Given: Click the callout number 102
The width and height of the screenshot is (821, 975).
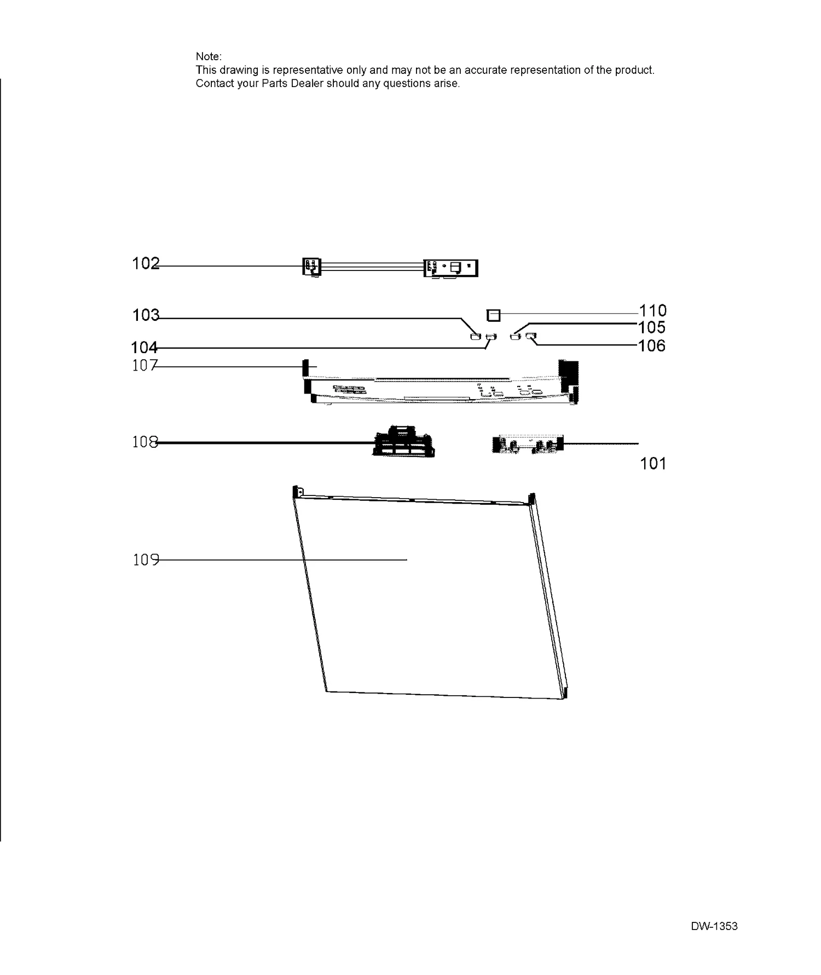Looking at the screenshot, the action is tap(146, 264).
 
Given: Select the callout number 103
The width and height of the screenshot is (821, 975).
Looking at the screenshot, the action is tap(146, 315).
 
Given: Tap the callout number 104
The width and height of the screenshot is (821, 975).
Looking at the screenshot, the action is tap(144, 348).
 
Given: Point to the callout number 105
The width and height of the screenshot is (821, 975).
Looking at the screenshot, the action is tap(652, 327).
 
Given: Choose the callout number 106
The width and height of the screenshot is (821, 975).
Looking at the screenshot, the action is tap(652, 346).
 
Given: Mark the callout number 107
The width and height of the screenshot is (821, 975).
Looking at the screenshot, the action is tap(145, 366).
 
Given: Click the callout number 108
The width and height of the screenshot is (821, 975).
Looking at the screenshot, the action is tap(145, 442).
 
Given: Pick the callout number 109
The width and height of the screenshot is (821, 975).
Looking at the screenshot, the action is tap(146, 560).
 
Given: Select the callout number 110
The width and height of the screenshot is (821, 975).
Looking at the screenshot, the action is tap(653, 311).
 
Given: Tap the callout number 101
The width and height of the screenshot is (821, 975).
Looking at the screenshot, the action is tap(653, 464).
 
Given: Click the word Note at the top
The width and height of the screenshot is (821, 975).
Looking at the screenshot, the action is tap(209, 56).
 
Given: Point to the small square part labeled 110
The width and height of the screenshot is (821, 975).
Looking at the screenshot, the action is tap(493, 315).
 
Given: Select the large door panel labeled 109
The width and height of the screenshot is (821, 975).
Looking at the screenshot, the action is tap(430, 594).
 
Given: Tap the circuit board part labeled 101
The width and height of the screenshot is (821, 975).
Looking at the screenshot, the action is tap(528, 444).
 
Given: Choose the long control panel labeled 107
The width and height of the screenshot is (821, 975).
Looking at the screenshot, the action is tap(441, 383).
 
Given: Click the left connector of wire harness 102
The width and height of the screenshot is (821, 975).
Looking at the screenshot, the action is tap(312, 267).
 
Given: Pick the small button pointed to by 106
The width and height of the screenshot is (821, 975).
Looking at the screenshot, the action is tap(530, 336).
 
